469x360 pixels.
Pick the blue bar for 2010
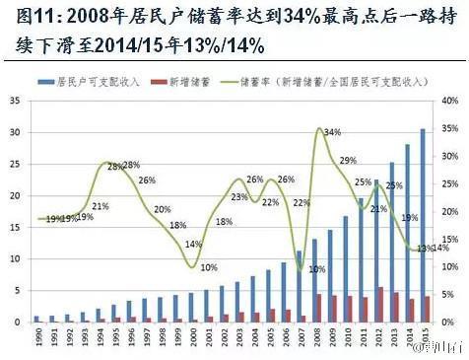[x=345, y=269]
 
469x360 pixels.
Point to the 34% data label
[x=332, y=132]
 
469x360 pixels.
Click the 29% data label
[x=348, y=160]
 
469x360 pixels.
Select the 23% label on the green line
[x=238, y=197]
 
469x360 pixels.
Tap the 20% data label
[x=162, y=209]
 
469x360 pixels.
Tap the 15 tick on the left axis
[x=14, y=228]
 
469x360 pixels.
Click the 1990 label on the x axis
[x=36, y=338]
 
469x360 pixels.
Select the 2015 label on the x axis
[x=425, y=338]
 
